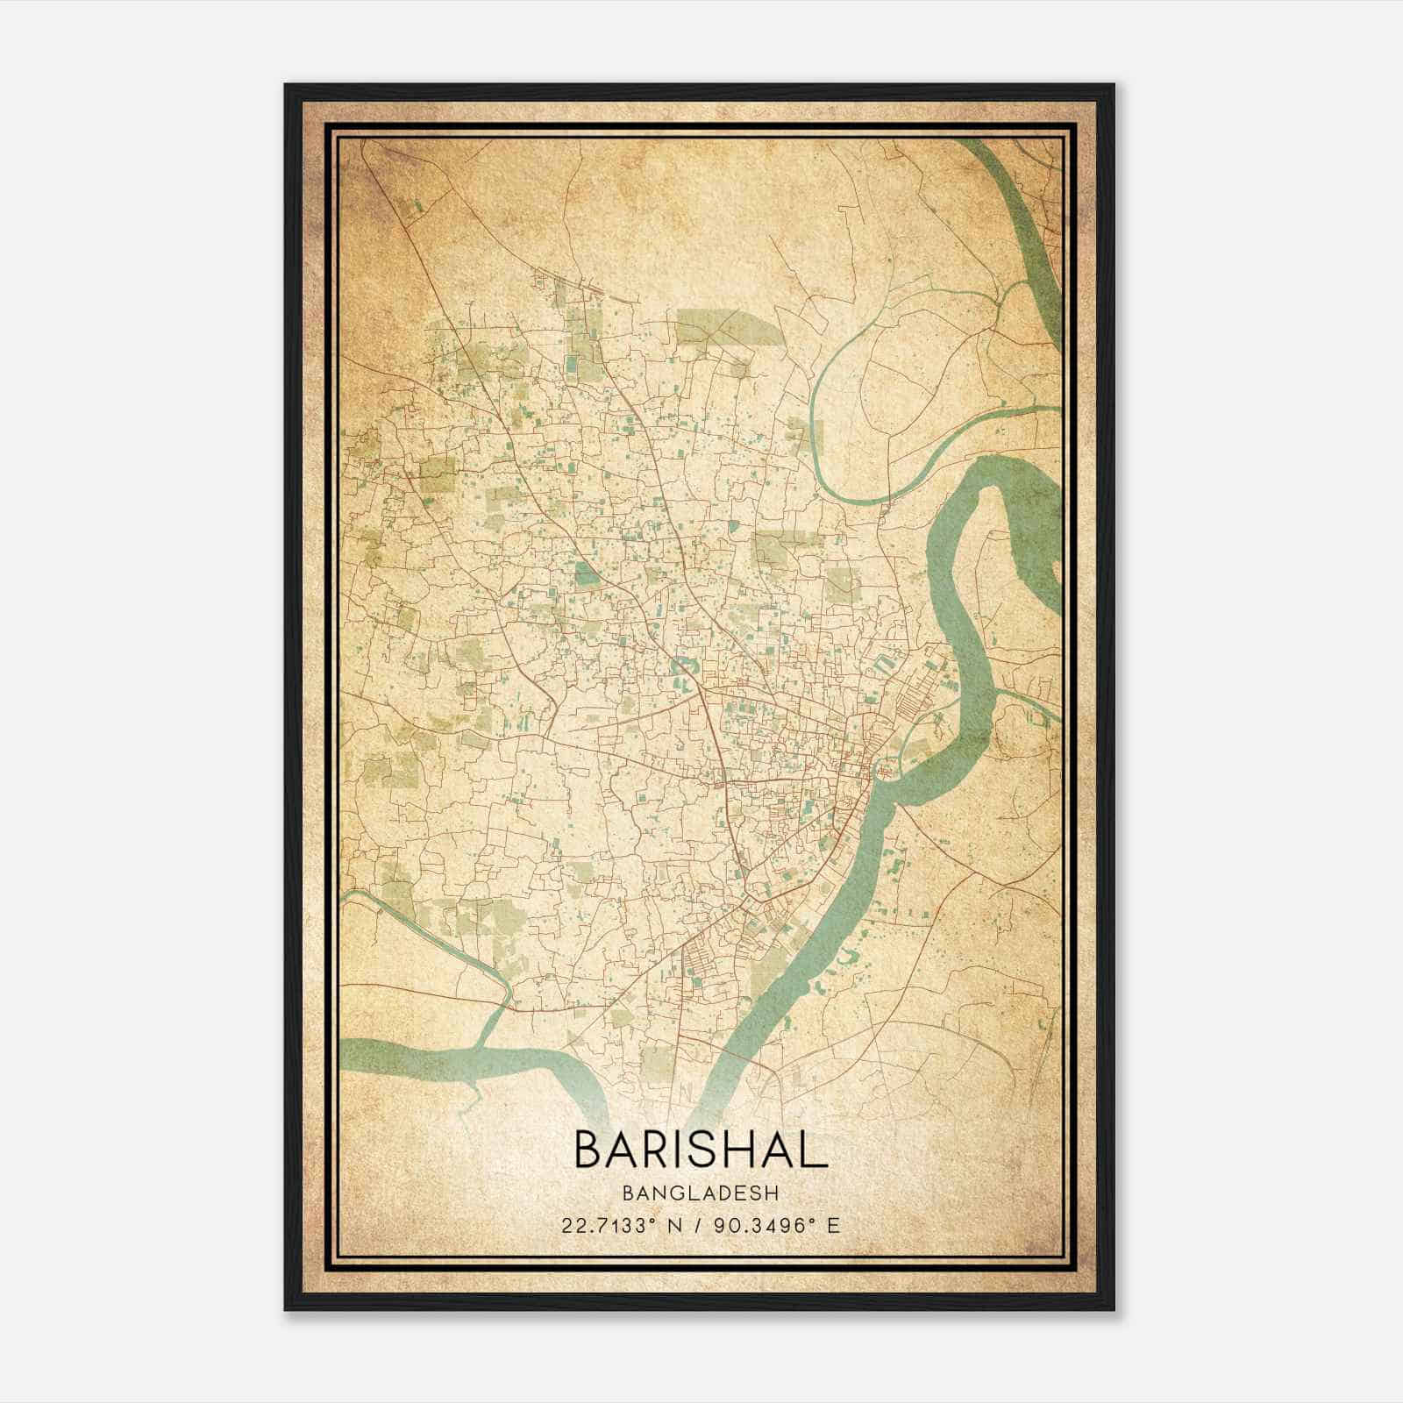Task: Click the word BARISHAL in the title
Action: point(701,1149)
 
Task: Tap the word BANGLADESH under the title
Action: point(701,1193)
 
